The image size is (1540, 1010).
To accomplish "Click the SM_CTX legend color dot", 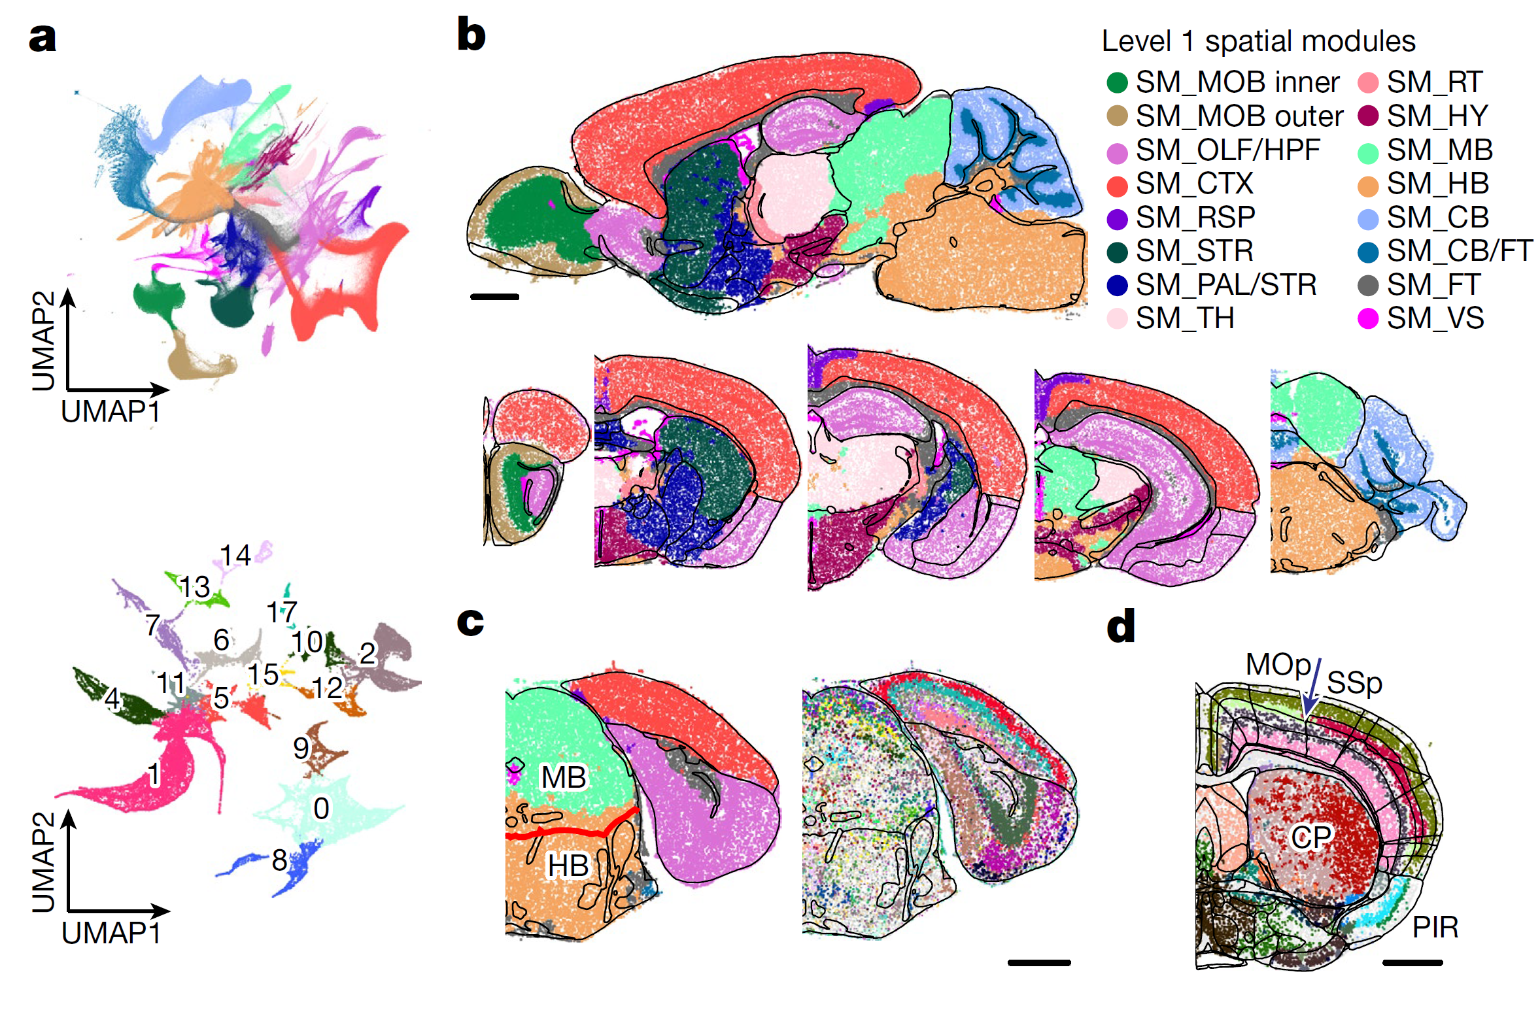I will (x=1117, y=185).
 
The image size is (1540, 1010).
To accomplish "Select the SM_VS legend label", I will (x=1435, y=318).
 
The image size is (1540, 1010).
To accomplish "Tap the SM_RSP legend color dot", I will (x=1117, y=219).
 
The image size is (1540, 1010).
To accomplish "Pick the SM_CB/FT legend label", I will (x=1459, y=251).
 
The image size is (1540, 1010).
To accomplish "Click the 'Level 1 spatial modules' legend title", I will (x=1258, y=41).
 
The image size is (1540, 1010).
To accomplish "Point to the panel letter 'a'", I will (x=43, y=38).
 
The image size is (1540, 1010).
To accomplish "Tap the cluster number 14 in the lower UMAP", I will (x=235, y=556).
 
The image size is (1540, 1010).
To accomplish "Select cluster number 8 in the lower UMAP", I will (x=279, y=860).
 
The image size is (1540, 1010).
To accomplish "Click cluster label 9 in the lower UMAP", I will (x=301, y=748).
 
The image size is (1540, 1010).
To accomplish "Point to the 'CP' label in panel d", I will (x=1311, y=837).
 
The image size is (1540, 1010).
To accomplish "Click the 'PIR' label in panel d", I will (x=1435, y=927).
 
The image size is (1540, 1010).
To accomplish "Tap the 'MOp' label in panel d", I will (x=1278, y=665).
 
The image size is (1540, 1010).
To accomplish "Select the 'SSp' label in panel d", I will (x=1354, y=683).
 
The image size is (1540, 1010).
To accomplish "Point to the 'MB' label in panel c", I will (x=564, y=777).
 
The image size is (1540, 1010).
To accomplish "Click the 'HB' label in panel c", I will (x=568, y=866).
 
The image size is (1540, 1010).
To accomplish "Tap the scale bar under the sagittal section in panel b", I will (x=494, y=297).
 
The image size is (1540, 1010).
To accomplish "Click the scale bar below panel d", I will (x=1412, y=962).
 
